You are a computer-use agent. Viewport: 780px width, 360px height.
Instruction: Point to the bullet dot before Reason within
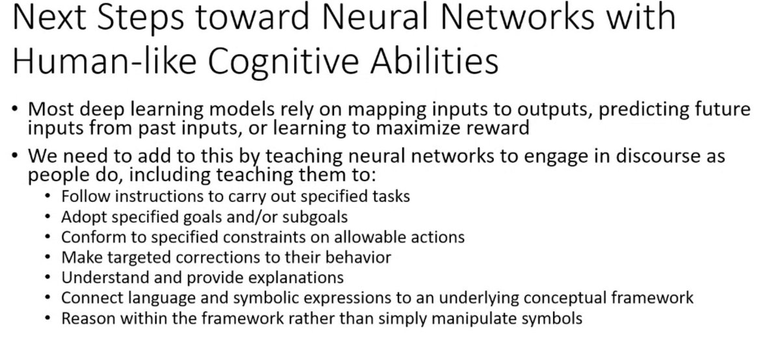[49, 318]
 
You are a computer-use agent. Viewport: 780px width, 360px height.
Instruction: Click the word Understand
[99, 277]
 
